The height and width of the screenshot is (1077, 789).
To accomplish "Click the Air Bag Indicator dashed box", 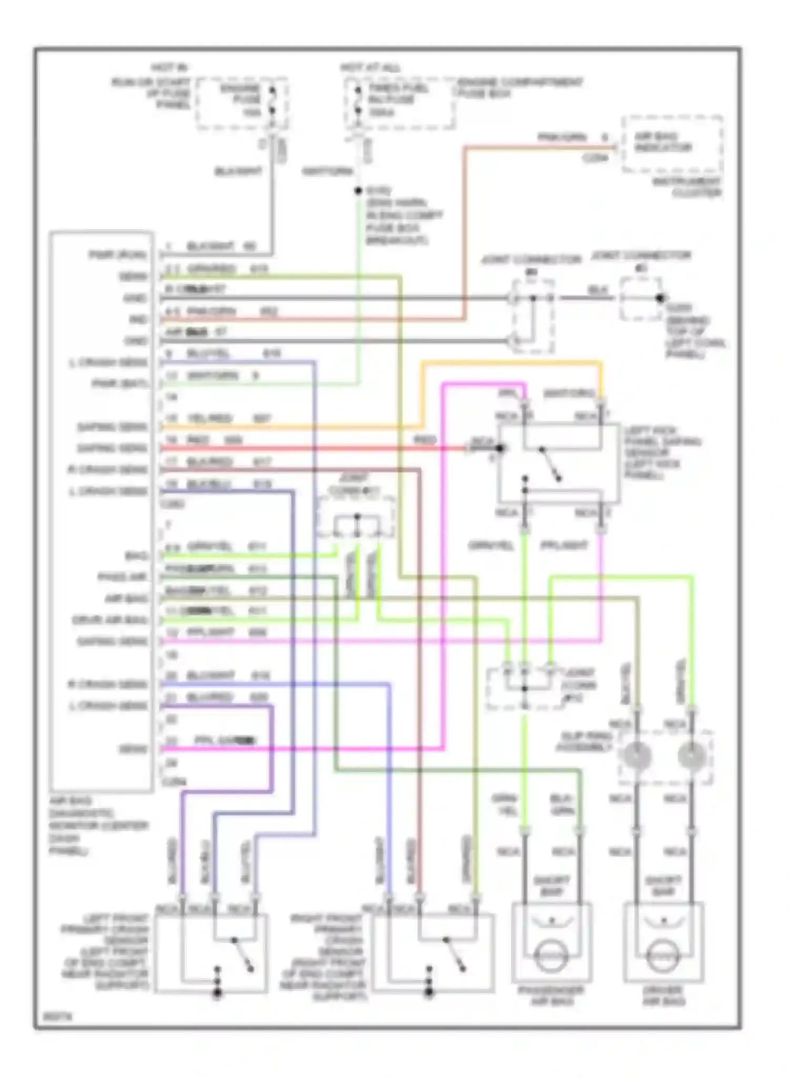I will pyautogui.click(x=671, y=144).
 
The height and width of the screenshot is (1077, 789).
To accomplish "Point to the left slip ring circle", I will pyautogui.click(x=637, y=756).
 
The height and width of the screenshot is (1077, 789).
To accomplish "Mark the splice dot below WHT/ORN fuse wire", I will pyautogui.click(x=358, y=191).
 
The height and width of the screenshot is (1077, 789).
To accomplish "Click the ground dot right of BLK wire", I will pyautogui.click(x=659, y=298).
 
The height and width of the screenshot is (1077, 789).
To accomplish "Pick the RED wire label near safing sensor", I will pyautogui.click(x=424, y=440).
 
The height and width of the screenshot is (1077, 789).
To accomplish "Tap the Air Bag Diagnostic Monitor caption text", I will pyautogui.click(x=98, y=826).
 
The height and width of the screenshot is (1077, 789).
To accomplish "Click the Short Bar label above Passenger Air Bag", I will pyautogui.click(x=551, y=886).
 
